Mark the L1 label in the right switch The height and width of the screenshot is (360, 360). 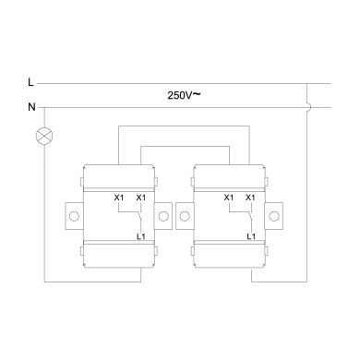(250, 237)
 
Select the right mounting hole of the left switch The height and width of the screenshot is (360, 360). (164, 218)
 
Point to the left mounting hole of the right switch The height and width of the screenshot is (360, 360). (185, 218)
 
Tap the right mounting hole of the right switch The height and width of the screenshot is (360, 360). (275, 218)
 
